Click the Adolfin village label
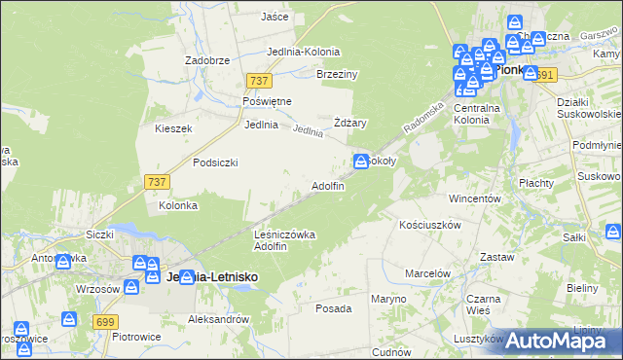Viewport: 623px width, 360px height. coord(327,185)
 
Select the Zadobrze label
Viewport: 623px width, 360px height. coord(206,59)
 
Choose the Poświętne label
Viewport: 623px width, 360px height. coord(267,101)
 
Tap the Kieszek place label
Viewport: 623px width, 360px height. coord(173,127)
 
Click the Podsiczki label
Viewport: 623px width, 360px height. coord(215,162)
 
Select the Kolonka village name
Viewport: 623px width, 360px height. coord(178,205)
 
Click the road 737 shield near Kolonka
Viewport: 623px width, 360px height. coord(156,181)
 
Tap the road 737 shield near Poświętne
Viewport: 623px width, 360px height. coord(259,81)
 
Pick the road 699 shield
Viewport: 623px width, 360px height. coord(107,320)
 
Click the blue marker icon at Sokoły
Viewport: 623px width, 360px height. coord(360,160)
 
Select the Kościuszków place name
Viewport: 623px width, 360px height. coord(429,224)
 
